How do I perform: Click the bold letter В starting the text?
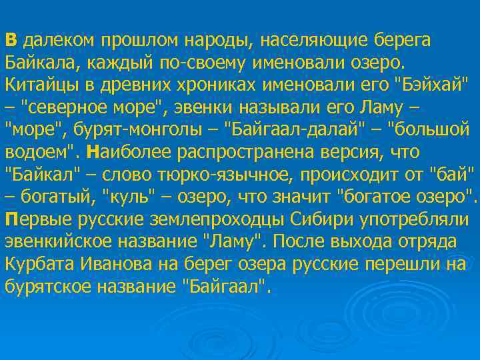(12, 39)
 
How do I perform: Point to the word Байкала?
(39, 63)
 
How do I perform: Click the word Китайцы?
(39, 85)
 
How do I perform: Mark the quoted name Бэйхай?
(427, 85)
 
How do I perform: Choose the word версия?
(384, 153)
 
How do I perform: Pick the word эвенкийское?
(58, 243)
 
